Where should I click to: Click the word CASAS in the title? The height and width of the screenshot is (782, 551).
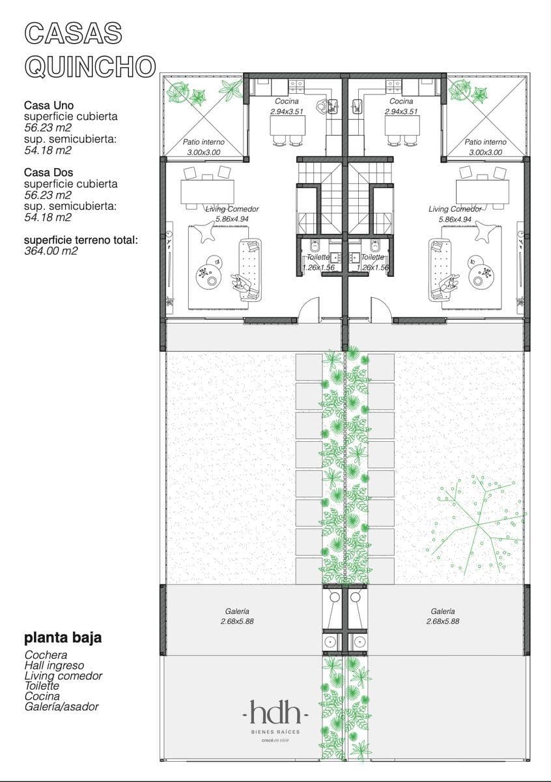[x=74, y=33]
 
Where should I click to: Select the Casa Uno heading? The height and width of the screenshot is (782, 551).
[x=49, y=105]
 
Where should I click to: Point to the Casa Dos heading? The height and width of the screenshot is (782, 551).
[x=48, y=172]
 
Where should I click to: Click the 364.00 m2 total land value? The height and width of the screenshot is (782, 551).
[x=51, y=251]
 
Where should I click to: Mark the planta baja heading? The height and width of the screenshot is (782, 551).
[x=63, y=637]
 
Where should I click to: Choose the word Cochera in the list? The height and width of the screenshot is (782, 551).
[x=46, y=654]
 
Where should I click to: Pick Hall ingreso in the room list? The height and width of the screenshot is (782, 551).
[x=54, y=665]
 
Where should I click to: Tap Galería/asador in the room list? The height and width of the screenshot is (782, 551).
[x=61, y=706]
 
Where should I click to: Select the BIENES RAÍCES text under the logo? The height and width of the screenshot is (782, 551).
[x=275, y=731]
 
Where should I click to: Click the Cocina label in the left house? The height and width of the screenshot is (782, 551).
[x=287, y=101]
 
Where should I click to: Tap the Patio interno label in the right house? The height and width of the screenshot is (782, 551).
[x=485, y=142]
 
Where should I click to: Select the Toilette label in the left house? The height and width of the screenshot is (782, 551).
[x=318, y=257]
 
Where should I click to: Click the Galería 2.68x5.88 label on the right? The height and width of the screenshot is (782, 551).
[x=442, y=616]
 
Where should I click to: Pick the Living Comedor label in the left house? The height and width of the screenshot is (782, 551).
[x=232, y=209]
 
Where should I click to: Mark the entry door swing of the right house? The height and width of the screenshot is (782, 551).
[x=380, y=307]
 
